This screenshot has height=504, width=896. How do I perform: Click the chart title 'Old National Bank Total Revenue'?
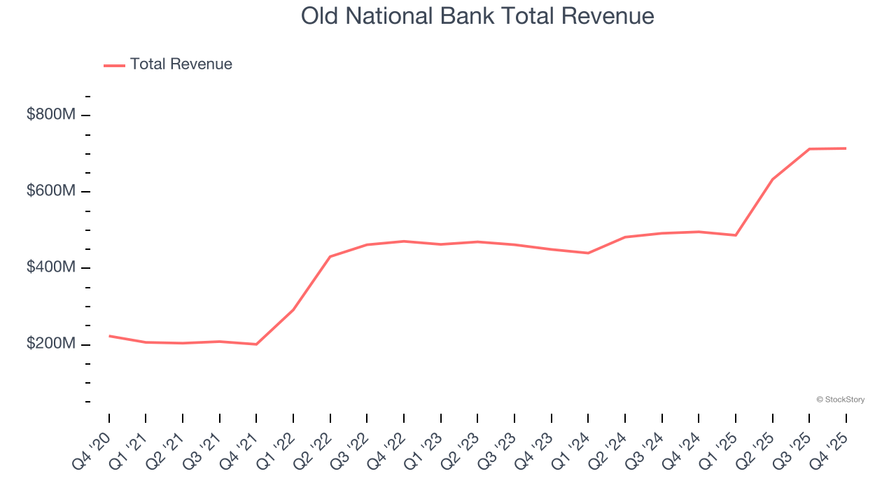coord(477,16)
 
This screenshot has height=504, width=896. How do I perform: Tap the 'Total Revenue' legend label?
coord(181,64)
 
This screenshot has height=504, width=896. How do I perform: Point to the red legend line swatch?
coord(114,65)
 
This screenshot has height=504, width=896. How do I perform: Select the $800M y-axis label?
coord(50,115)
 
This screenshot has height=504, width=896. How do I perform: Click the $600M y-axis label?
coord(50,191)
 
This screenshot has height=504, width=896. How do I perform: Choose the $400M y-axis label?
coord(50,268)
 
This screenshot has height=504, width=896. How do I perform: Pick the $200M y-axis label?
coord(50,344)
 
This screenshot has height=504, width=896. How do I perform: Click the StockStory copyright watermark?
coord(840,400)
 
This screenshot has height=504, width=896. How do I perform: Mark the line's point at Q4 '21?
coord(256,344)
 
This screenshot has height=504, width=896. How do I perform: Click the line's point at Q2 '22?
coord(330,257)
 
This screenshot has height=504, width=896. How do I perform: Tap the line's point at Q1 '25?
coord(735,235)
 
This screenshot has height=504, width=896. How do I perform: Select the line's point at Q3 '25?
coord(809,149)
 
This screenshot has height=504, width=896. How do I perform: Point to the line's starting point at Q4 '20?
coord(109,336)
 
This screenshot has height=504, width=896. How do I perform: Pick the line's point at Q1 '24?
coord(588,253)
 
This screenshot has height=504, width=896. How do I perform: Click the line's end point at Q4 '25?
coord(846,148)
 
